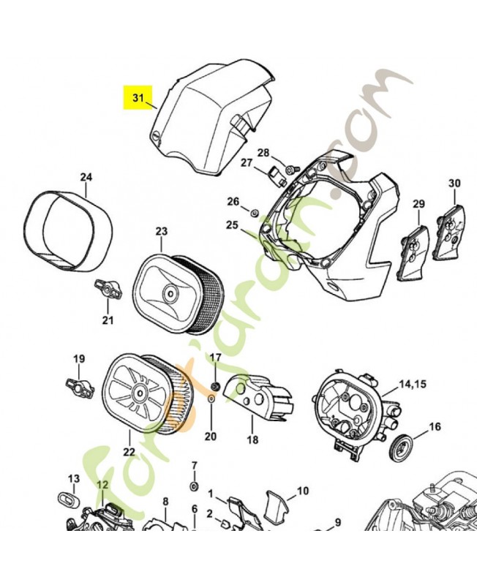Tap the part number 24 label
click(86, 178)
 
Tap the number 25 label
click(232, 224)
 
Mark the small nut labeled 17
click(216, 385)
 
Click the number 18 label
click(252, 441)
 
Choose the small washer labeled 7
click(194, 486)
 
